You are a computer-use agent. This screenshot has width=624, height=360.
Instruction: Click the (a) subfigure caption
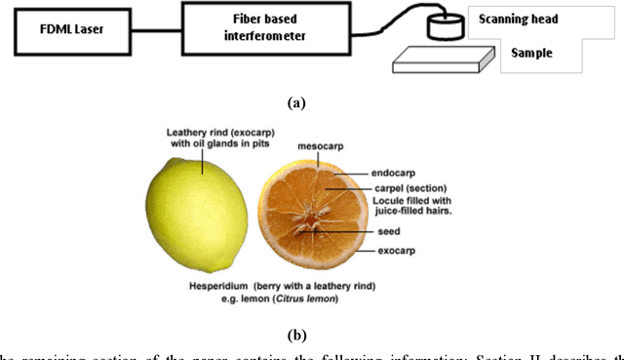296,101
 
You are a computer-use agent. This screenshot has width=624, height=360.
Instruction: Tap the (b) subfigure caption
296,335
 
